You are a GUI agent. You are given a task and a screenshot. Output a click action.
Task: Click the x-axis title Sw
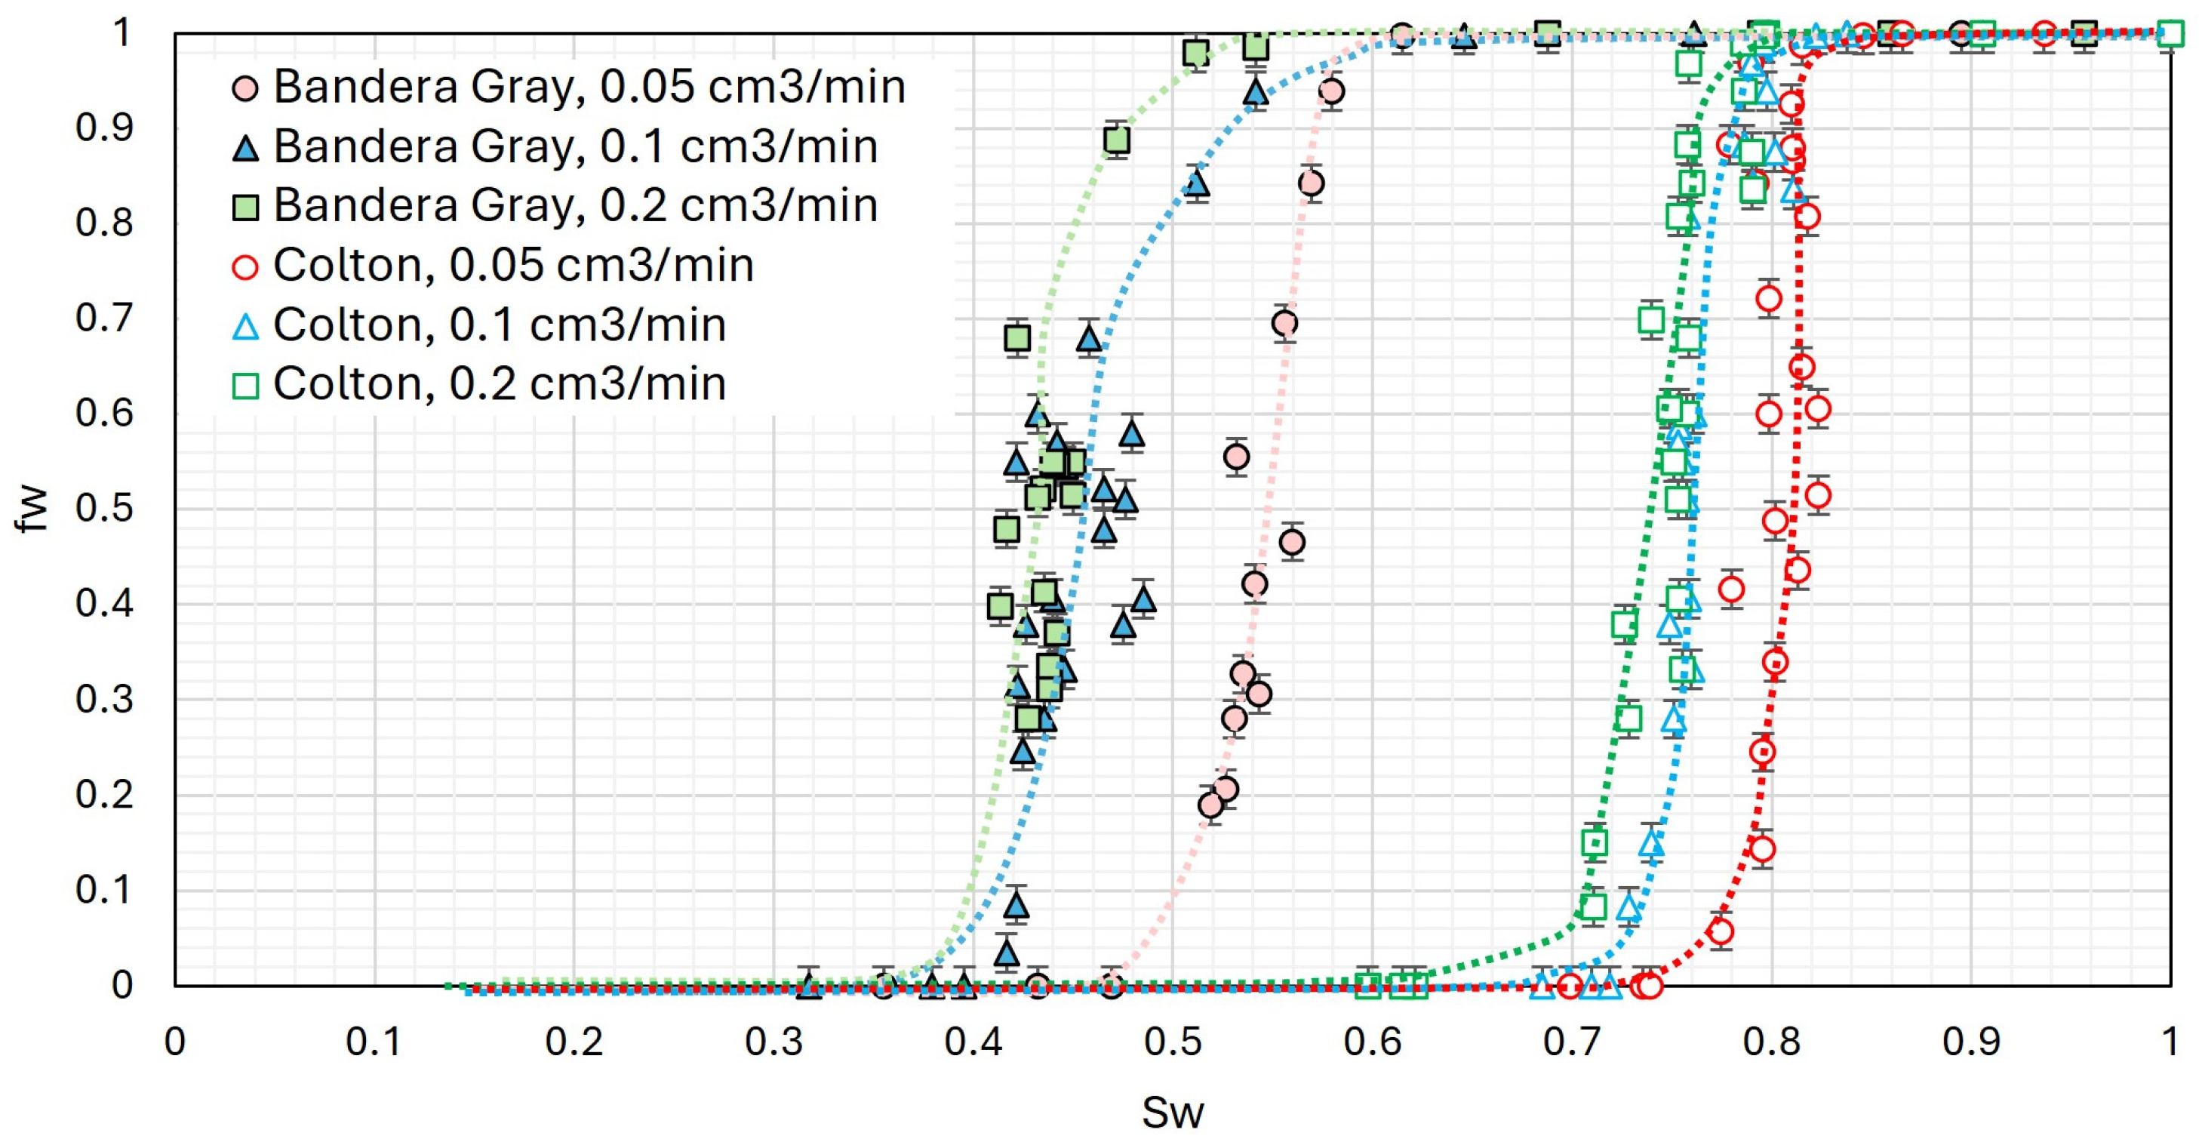(x=1172, y=1112)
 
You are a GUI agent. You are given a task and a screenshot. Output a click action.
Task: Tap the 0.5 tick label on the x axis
(x=1172, y=1042)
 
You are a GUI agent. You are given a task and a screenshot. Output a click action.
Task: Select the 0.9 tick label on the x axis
(x=1971, y=1042)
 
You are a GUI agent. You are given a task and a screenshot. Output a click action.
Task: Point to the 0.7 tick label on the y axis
(x=104, y=319)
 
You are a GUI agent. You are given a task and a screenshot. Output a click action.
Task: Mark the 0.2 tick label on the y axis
(x=104, y=795)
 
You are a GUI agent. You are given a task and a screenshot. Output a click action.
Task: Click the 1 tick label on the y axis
(x=122, y=33)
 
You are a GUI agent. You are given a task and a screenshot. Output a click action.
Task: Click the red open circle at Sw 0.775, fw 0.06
(x=1721, y=931)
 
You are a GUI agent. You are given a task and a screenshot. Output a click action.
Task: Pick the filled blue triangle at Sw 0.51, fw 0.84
(x=1197, y=183)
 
